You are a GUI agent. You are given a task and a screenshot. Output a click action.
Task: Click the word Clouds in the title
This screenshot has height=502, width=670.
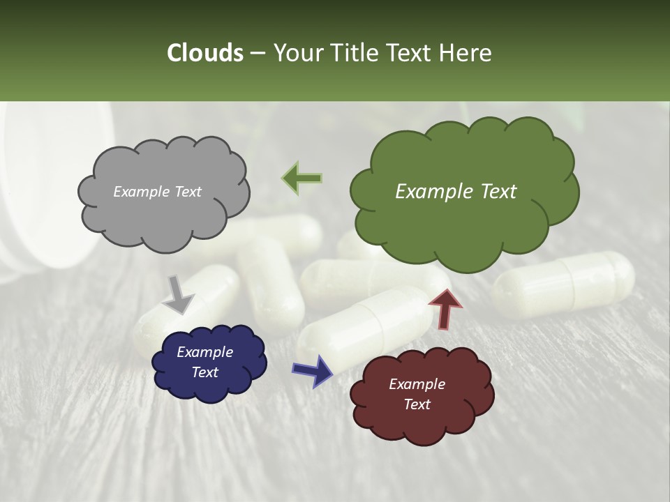[x=204, y=53]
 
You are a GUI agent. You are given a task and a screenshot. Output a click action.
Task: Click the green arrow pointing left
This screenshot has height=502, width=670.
[x=301, y=178]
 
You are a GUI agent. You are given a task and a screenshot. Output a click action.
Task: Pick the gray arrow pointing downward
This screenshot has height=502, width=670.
[x=179, y=294]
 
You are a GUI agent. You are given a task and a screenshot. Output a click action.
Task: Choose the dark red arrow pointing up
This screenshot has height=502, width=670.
[x=445, y=308]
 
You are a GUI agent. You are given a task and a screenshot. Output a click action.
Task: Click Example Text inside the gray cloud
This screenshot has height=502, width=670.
[x=157, y=192]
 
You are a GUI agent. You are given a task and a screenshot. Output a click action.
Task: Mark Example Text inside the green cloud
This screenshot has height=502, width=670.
[x=456, y=192]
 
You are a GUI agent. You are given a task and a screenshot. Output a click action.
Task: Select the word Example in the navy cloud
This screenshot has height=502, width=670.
[x=204, y=352]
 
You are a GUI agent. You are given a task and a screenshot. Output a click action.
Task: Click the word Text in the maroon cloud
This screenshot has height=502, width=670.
[x=417, y=404]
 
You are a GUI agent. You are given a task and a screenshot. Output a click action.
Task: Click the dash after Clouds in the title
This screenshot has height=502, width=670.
[x=257, y=53]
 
